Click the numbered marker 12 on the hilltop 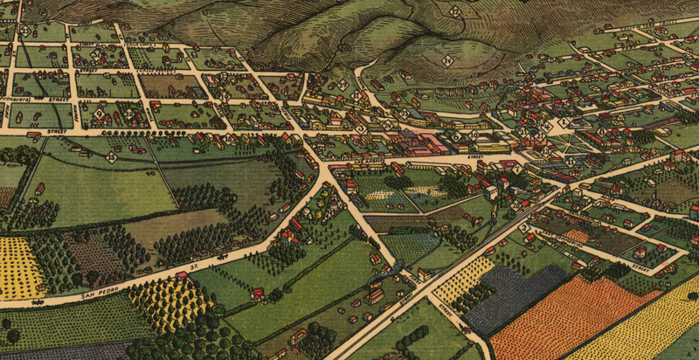point(456,11)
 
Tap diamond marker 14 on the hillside point(446,60)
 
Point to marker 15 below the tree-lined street point(112,157)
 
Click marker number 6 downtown point(455,136)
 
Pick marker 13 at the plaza point(547,127)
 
